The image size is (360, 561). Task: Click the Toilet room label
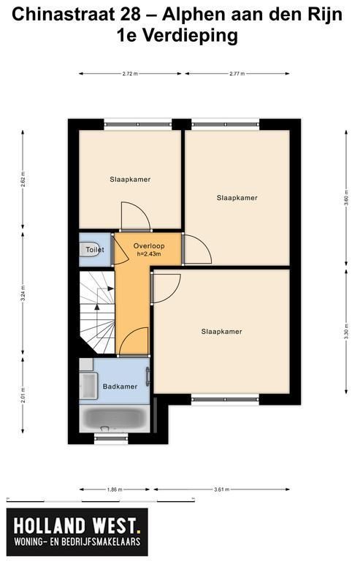[95, 250]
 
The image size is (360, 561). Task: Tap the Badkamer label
[120, 386]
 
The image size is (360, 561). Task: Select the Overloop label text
[149, 245]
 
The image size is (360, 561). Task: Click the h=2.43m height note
[149, 254]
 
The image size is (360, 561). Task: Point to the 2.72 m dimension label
[130, 74]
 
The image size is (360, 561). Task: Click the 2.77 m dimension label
[237, 74]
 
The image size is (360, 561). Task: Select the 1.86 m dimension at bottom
[115, 489]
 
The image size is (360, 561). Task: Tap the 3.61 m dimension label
[222, 489]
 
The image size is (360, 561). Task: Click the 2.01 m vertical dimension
[23, 395]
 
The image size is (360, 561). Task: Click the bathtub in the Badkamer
[115, 419]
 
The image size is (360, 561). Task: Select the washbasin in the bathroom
[88, 386]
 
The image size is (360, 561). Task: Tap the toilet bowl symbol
[88, 249]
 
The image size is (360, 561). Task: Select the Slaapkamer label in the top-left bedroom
[130, 180]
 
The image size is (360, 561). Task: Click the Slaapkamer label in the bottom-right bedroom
[222, 332]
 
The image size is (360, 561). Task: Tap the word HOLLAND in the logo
[50, 526]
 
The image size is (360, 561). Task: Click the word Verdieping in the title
[190, 35]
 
